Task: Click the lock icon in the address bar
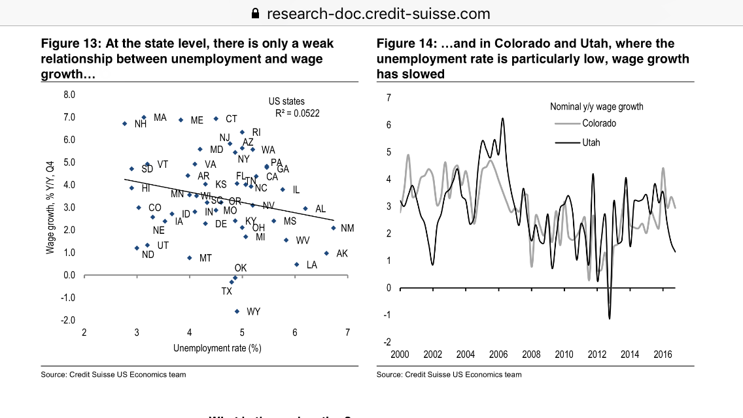coord(256,13)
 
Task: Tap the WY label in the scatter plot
coord(253,312)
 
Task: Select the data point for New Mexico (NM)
coord(333,228)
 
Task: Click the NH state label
coord(140,124)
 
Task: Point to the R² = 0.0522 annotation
coord(293,112)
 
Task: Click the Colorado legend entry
coord(599,123)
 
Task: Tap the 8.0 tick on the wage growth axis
coord(69,95)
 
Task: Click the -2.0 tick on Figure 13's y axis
coord(69,320)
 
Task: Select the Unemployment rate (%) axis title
coord(217,348)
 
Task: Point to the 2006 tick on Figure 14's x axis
coord(498,355)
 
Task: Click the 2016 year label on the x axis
coord(663,355)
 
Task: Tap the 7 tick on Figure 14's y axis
coord(389,98)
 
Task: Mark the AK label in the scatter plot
coord(342,253)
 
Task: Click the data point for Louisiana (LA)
coord(296,265)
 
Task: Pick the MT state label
coord(205,259)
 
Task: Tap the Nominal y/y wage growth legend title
coord(596,106)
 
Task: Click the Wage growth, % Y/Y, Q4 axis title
coord(50,208)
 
